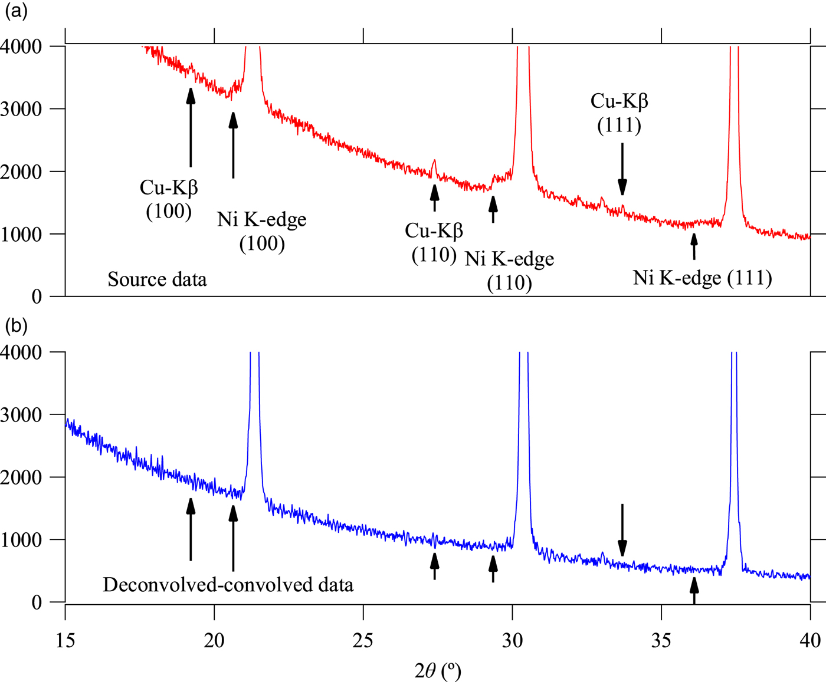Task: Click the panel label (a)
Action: pyautogui.click(x=16, y=11)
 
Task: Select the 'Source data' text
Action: pyautogui.click(x=157, y=279)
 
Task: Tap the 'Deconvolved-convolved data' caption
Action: pyautogui.click(x=228, y=585)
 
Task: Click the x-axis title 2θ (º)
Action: pyautogui.click(x=437, y=670)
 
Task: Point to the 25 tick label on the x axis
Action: pyautogui.click(x=363, y=640)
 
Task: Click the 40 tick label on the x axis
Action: pyautogui.click(x=809, y=640)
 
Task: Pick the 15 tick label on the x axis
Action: pyautogui.click(x=65, y=640)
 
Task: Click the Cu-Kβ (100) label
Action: pyautogui.click(x=169, y=199)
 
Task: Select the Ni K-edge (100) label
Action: pyautogui.click(x=262, y=231)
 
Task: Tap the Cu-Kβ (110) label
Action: pyautogui.click(x=434, y=242)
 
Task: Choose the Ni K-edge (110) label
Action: pyautogui.click(x=509, y=271)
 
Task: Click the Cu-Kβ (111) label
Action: pyautogui.click(x=619, y=113)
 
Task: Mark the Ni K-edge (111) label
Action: pyautogui.click(x=702, y=278)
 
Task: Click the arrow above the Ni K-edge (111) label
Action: pyautogui.click(x=694, y=246)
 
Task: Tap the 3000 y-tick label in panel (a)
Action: pyautogui.click(x=21, y=109)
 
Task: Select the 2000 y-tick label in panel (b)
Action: pyautogui.click(x=21, y=477)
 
